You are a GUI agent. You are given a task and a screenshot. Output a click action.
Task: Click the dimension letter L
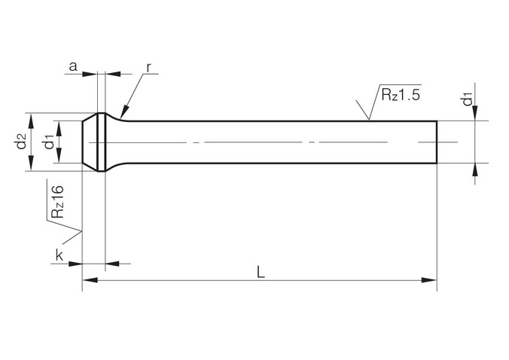click(261, 272)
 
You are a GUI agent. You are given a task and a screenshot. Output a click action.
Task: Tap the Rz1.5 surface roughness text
click(401, 95)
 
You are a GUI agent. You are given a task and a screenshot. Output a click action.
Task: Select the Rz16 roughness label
click(58, 201)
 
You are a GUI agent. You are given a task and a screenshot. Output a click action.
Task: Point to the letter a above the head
click(73, 66)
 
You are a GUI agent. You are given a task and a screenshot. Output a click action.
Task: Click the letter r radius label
click(148, 68)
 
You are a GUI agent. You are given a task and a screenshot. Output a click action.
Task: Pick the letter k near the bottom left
click(59, 255)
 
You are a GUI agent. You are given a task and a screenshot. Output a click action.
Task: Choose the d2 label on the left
click(21, 142)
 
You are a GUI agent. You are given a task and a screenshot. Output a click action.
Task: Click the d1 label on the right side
click(467, 99)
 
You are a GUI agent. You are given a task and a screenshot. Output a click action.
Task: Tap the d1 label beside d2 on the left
click(50, 142)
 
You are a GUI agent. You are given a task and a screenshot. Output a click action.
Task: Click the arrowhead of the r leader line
click(123, 112)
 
